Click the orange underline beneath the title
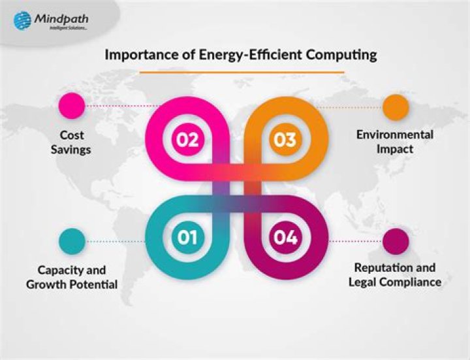tap(242, 71)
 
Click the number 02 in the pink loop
tap(186, 139)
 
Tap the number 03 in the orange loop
tap(285, 139)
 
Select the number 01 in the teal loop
tap(186, 237)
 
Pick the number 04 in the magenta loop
tap(285, 237)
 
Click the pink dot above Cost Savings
tap(71, 106)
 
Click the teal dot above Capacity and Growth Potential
tap(71, 240)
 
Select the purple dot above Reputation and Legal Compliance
tap(396, 240)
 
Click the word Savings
tap(72, 150)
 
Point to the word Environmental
tap(394, 135)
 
